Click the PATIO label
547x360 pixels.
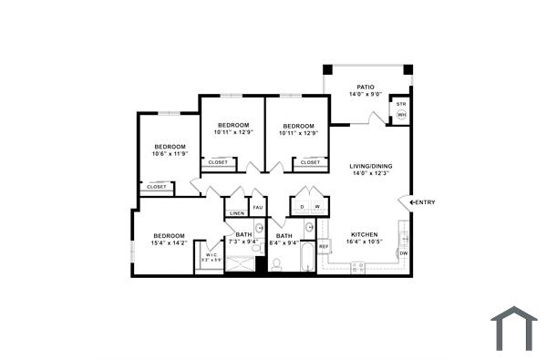pyautogui.click(x=366, y=87)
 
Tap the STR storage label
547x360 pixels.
pyautogui.click(x=401, y=105)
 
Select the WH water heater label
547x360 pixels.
pyautogui.click(x=401, y=116)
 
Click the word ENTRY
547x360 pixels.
pyautogui.click(x=425, y=201)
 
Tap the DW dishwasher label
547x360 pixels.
pyautogui.click(x=403, y=252)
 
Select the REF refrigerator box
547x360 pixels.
pyautogui.click(x=324, y=247)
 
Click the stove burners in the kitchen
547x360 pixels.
pyautogui.click(x=358, y=266)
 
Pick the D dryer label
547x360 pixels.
pyautogui.click(x=303, y=207)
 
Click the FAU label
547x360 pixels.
pyautogui.click(x=258, y=207)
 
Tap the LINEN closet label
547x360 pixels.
pyautogui.click(x=236, y=213)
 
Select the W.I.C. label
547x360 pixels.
pyautogui.click(x=210, y=254)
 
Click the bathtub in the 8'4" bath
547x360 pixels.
pyautogui.click(x=306, y=258)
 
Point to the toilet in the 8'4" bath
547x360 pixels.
pyautogui.click(x=276, y=264)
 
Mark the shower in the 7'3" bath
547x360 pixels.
pyautogui.click(x=241, y=264)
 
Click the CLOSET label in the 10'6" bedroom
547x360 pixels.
pyautogui.click(x=157, y=187)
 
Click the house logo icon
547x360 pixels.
pyautogui.click(x=514, y=328)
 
